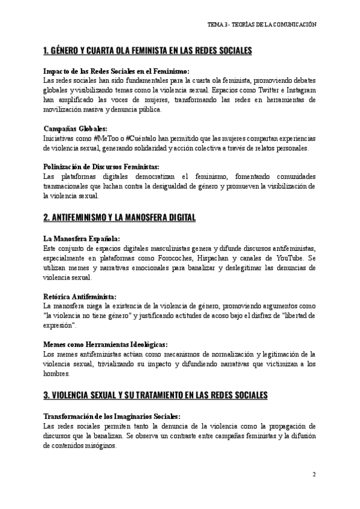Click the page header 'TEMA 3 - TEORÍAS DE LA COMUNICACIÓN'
262,23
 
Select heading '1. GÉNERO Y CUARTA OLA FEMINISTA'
148,50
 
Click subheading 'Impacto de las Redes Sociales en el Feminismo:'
116,71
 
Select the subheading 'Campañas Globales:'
76,128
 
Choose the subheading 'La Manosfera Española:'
82,238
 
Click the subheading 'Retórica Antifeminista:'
80,296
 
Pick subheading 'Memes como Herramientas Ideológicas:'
105,345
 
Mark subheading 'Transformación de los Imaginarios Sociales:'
112,416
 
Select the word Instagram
298,89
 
